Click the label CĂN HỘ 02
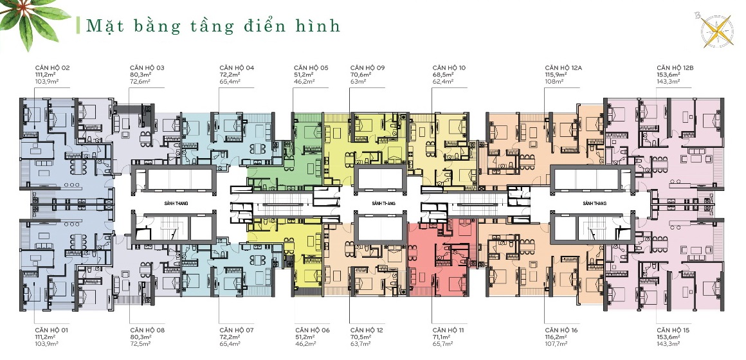click(53, 67)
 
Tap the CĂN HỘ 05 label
click(311, 67)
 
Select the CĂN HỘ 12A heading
click(563, 67)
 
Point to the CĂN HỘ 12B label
click(675, 67)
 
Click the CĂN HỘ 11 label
click(449, 330)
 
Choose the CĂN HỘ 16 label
click(561, 330)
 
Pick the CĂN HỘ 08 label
click(147, 330)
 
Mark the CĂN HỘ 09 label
click(368, 67)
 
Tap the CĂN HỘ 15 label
click(673, 330)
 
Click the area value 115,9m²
click(556, 75)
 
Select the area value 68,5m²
click(443, 75)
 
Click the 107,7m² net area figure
click(556, 344)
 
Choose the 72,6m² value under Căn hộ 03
click(140, 82)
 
